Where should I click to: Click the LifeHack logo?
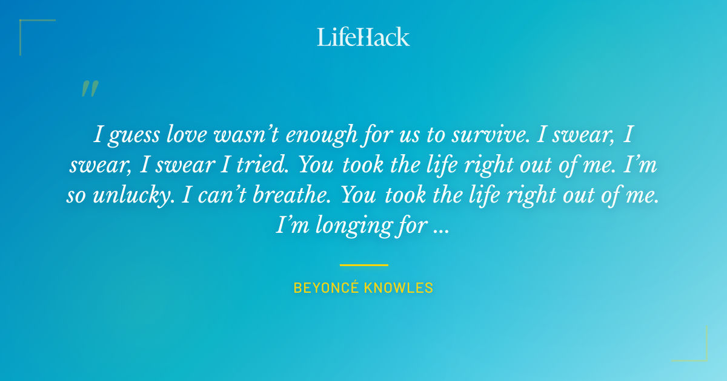coord(363,37)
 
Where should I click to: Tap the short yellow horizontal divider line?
coord(363,265)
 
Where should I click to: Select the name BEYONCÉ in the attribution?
coord(325,288)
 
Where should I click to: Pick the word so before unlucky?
coord(76,195)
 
